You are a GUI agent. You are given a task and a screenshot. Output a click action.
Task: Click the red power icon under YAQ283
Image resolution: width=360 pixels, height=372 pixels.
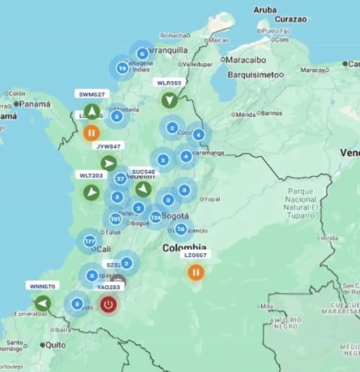pos(109,304)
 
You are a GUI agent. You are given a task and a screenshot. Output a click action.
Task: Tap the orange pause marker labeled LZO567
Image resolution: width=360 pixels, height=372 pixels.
pos(196,272)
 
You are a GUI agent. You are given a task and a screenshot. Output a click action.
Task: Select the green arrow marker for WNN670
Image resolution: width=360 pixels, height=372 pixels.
pos(43,304)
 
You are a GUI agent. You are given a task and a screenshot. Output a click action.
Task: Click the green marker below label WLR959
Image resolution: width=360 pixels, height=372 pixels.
pos(169,100)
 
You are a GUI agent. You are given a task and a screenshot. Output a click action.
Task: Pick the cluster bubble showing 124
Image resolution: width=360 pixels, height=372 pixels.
pos(156,217)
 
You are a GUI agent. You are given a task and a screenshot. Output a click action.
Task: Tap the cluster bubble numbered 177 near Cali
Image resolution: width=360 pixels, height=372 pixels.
pos(90,242)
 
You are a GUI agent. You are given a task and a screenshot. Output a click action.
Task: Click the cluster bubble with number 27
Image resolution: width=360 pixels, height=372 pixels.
pos(120,178)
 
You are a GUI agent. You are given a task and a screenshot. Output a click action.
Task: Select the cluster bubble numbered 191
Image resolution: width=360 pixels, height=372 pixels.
pos(115,219)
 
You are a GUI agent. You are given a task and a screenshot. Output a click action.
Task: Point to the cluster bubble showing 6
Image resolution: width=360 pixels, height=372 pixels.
pos(142,53)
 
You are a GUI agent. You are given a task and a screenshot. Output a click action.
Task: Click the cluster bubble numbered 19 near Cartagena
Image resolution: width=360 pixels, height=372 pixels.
pos(122,68)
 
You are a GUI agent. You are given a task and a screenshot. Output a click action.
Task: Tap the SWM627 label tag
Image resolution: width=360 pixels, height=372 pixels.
pos(91,94)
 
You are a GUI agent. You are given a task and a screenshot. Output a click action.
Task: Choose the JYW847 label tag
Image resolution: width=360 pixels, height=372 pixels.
pos(109,146)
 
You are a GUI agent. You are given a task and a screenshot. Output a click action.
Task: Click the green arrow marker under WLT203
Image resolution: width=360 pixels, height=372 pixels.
pos(92,192)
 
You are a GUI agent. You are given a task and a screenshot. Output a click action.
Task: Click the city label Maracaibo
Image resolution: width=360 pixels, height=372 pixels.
pos(246,60)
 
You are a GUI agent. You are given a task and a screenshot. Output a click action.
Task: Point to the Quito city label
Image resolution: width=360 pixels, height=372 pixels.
pos(56,345)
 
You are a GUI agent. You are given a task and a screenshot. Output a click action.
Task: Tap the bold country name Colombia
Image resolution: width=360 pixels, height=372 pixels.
pos(184,248)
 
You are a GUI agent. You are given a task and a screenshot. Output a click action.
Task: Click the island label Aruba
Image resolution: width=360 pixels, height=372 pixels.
pos(265,10)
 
